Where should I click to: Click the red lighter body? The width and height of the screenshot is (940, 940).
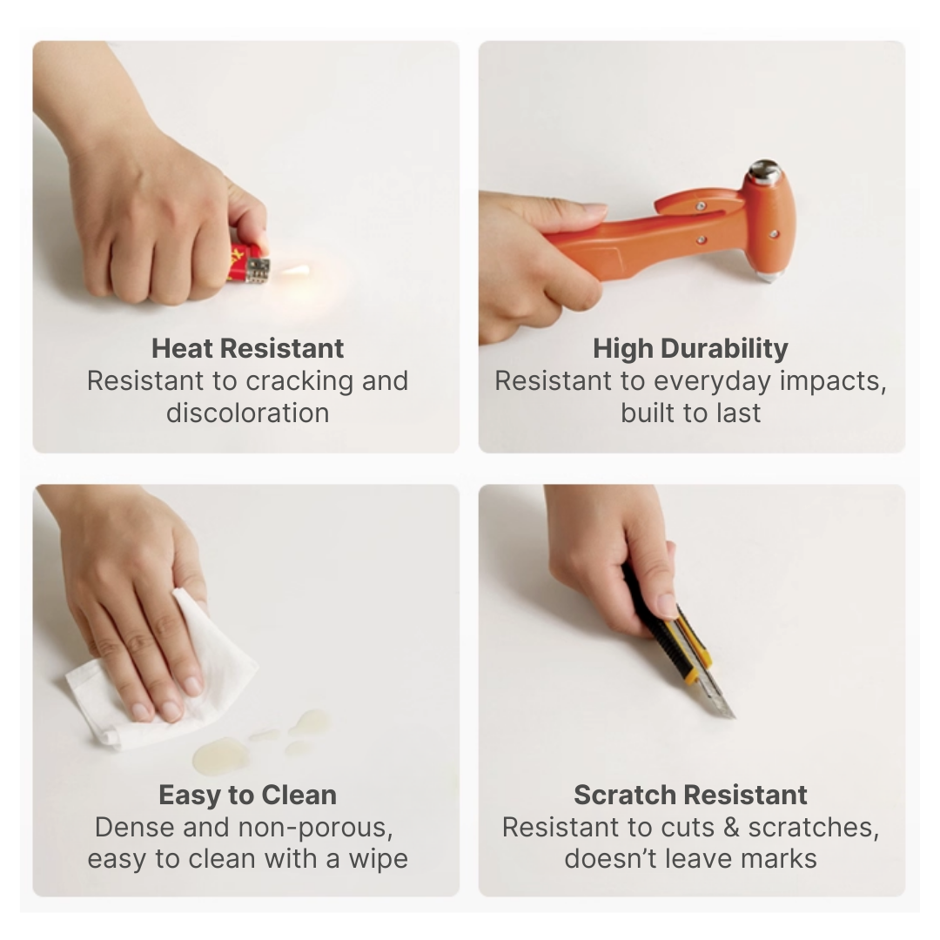(243, 265)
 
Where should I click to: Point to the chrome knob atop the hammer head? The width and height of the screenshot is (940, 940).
(764, 172)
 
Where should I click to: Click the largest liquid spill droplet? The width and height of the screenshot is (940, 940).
(221, 755)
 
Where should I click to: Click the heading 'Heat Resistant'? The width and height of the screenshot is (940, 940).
(247, 348)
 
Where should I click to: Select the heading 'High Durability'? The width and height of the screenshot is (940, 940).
(690, 348)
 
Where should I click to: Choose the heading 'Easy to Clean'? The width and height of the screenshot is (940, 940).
(247, 795)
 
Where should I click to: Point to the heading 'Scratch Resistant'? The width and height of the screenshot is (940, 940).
(690, 795)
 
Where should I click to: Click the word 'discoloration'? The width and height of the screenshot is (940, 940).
(247, 413)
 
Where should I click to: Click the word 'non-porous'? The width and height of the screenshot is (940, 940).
(315, 828)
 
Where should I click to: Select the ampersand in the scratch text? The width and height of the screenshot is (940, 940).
(732, 828)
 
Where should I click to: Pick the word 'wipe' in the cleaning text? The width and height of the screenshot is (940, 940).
(379, 860)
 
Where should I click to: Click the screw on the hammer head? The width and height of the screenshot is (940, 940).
(774, 234)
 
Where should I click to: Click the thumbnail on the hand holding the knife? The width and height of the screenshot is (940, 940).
(668, 605)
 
